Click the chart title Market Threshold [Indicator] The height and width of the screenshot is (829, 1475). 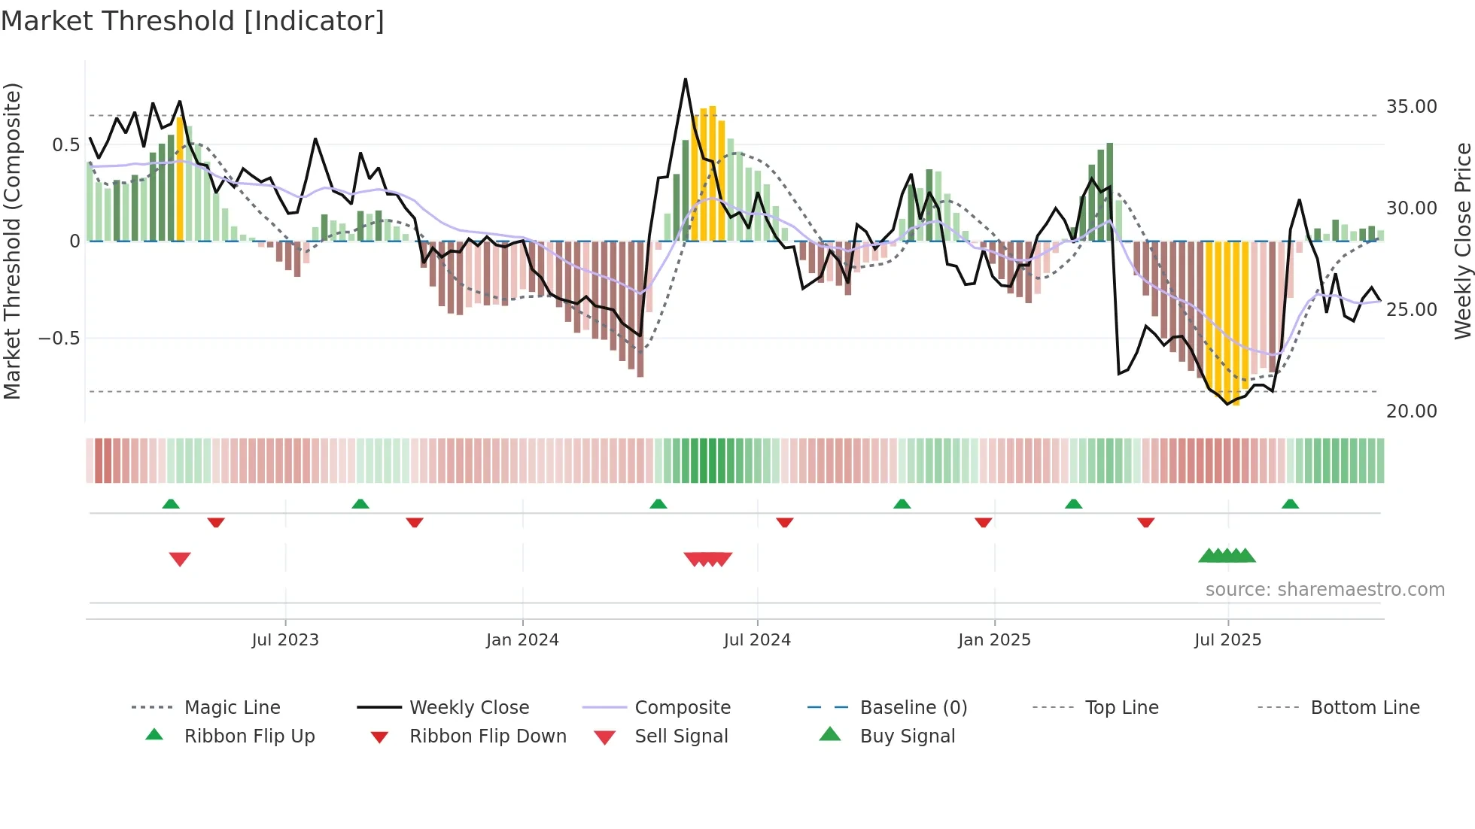(193, 21)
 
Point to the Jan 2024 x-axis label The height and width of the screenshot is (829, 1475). (522, 639)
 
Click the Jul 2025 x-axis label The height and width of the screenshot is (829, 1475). (1227, 639)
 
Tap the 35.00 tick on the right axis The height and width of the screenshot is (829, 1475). (1411, 107)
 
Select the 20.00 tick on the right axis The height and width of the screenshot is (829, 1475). (1411, 411)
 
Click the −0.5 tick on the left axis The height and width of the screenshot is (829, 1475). (59, 338)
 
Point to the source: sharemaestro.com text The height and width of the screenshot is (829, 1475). (1324, 589)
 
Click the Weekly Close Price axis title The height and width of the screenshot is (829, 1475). (1462, 241)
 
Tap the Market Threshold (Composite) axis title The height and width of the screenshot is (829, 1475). (12, 241)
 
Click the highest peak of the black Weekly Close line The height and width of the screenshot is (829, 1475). (686, 79)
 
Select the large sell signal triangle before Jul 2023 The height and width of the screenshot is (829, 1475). (180, 559)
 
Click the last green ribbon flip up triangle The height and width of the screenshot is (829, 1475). (1290, 504)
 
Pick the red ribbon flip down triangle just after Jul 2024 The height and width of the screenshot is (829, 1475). (784, 522)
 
